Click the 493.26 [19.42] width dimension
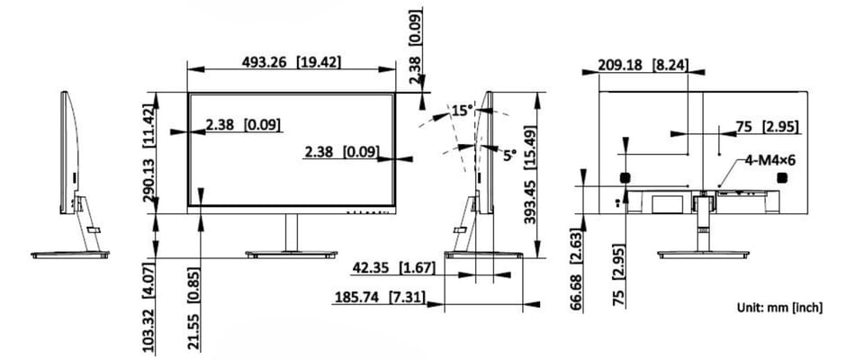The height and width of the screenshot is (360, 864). pyautogui.click(x=292, y=62)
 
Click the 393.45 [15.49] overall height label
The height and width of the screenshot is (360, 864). pyautogui.click(x=530, y=176)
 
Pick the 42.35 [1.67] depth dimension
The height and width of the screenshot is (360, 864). pyautogui.click(x=393, y=268)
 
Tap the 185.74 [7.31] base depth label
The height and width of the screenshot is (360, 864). pyautogui.click(x=380, y=297)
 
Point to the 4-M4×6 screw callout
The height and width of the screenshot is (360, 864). pyautogui.click(x=770, y=160)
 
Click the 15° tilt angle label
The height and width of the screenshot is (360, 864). pyautogui.click(x=462, y=111)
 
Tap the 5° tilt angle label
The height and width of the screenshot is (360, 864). pyautogui.click(x=509, y=155)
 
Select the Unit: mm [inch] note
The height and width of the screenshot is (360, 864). pyautogui.click(x=779, y=308)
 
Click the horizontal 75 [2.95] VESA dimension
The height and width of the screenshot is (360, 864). pyautogui.click(x=768, y=128)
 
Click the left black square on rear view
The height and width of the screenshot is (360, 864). pyautogui.click(x=625, y=177)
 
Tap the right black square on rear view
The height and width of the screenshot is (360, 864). pyautogui.click(x=782, y=177)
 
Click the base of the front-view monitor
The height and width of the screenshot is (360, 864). pyautogui.click(x=291, y=254)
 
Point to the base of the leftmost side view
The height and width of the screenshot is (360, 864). pyautogui.click(x=70, y=254)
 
